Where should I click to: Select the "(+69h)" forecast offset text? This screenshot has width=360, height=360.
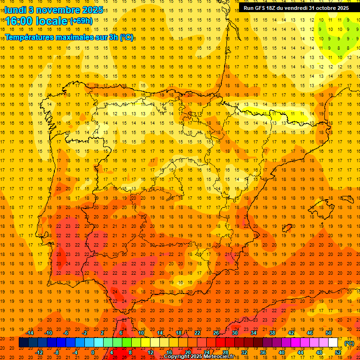[81, 21]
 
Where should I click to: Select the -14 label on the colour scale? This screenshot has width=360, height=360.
[30, 333]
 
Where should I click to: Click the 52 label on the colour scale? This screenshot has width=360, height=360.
[338, 352]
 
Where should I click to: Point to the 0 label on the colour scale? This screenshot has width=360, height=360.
[93, 352]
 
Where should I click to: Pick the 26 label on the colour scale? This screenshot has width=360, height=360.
[216, 333]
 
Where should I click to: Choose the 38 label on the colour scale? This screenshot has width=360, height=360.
[272, 333]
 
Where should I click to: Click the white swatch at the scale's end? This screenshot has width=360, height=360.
[333, 343]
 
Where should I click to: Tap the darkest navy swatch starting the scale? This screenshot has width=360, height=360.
[23, 343]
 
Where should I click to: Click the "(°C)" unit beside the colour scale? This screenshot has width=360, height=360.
[349, 343]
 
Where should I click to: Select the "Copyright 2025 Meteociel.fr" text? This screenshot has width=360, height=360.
[199, 357]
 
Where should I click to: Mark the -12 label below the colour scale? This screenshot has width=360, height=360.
[39, 352]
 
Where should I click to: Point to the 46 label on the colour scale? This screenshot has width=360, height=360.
[310, 333]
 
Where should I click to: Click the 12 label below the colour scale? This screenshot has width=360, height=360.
[150, 352]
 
